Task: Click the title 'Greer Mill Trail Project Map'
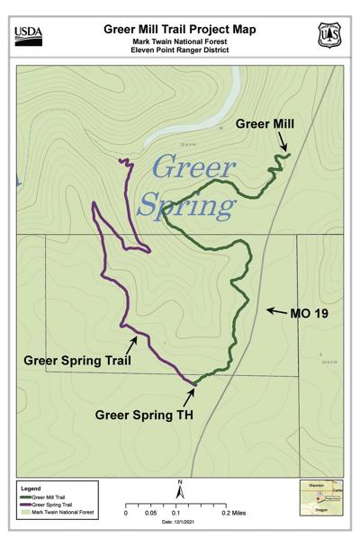[179, 29]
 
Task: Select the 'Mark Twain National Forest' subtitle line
[179, 42]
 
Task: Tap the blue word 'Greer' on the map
[193, 167]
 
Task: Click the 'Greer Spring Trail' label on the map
[77, 361]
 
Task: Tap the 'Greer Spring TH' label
[145, 415]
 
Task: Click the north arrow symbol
[180, 489]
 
